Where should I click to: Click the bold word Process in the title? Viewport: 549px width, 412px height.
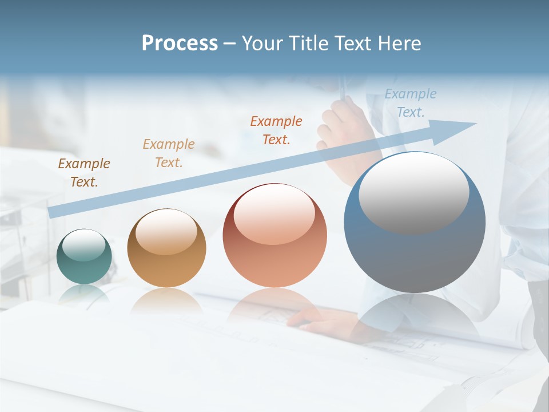[180, 43]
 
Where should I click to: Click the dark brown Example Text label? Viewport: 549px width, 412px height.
[84, 173]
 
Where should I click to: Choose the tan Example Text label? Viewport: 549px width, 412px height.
[169, 153]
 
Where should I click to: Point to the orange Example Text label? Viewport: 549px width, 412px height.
[276, 130]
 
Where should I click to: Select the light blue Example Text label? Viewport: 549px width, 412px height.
[410, 103]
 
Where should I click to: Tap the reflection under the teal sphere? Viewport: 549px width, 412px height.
[84, 293]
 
